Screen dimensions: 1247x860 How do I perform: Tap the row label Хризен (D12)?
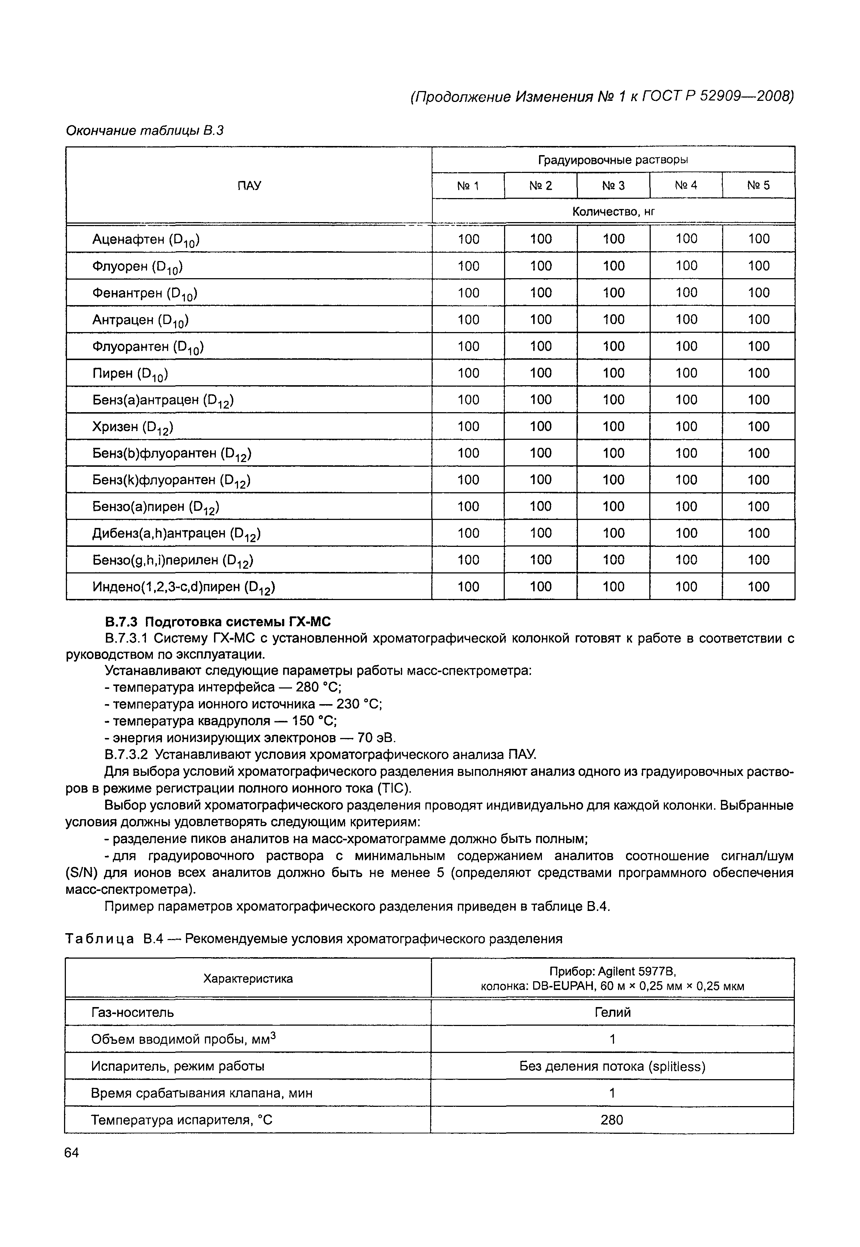(x=132, y=427)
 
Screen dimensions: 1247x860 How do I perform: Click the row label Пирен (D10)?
(x=130, y=374)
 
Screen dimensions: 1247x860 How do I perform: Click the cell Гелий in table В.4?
(x=612, y=1013)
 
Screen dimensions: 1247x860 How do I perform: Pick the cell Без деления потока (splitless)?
(x=612, y=1066)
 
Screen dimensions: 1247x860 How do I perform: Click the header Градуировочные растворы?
(x=613, y=160)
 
